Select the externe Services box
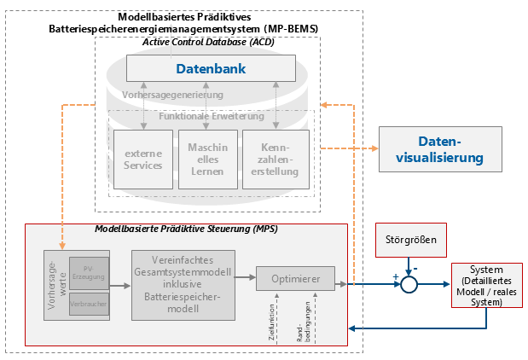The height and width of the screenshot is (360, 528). coord(142,160)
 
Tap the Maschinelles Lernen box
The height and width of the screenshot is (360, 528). coord(208,160)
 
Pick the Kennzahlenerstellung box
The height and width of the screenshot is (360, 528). coord(275,160)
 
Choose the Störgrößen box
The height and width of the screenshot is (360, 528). coord(410,241)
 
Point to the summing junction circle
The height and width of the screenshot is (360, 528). coord(410,284)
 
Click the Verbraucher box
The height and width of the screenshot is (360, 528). coord(90,302)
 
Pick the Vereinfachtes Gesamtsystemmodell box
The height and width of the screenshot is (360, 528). coord(183,285)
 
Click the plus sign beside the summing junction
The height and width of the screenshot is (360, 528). coord(395,276)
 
